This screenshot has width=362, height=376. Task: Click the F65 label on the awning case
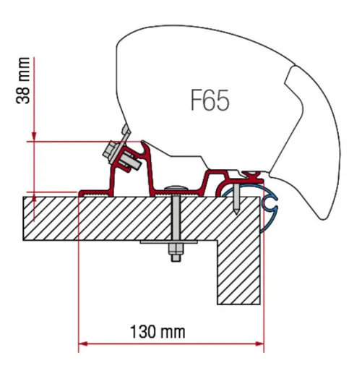[x=210, y=100]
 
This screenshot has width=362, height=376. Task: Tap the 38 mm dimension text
[x=24, y=81]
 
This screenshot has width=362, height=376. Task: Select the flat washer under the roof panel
[x=175, y=244]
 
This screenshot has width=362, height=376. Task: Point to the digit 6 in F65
[x=210, y=100]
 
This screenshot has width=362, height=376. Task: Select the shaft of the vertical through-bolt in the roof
[x=175, y=217]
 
